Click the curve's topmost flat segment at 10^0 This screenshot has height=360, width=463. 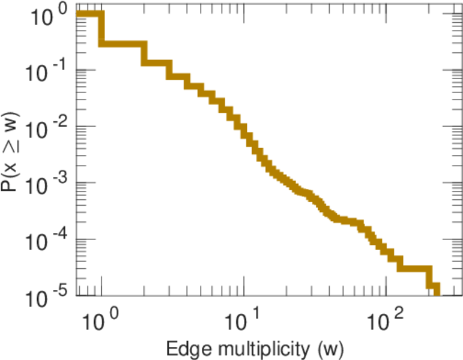pyautogui.click(x=90, y=14)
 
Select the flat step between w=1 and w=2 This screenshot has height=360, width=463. pyautogui.click(x=123, y=44)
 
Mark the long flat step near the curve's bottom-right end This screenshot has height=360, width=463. pyautogui.click(x=414, y=268)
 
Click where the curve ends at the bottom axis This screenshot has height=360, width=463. pyautogui.click(x=437, y=293)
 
